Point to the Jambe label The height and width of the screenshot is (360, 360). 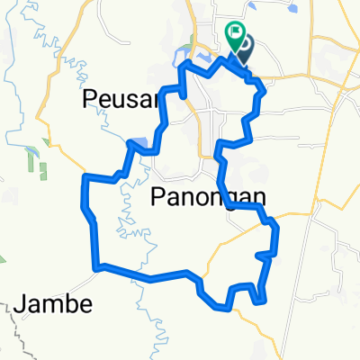tap(54, 304)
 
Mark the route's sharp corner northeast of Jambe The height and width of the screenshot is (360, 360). tap(97, 265)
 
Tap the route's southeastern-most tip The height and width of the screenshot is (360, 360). tap(264, 301)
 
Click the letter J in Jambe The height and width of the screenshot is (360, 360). tap(21, 305)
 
